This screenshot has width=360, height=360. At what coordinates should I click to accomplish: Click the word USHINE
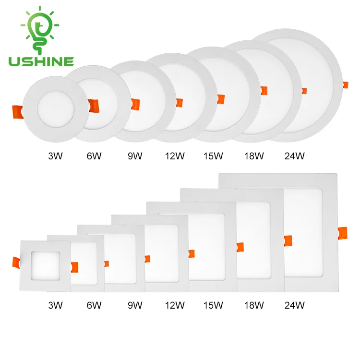[41, 61]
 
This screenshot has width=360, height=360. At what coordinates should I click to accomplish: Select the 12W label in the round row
[175, 156]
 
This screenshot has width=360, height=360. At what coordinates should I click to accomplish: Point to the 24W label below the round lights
[295, 156]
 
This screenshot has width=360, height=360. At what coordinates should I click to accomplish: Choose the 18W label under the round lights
[253, 156]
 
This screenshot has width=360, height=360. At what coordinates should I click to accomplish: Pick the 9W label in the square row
[135, 305]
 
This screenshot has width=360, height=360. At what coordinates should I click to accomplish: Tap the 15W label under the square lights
[214, 305]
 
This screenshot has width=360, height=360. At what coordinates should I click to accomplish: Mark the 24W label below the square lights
[295, 305]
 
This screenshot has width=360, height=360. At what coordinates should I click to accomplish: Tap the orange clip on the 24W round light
[344, 85]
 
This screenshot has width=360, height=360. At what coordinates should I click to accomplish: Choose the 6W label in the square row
[94, 305]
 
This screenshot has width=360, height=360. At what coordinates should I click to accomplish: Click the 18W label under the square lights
[253, 305]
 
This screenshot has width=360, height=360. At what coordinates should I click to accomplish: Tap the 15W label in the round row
[214, 156]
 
